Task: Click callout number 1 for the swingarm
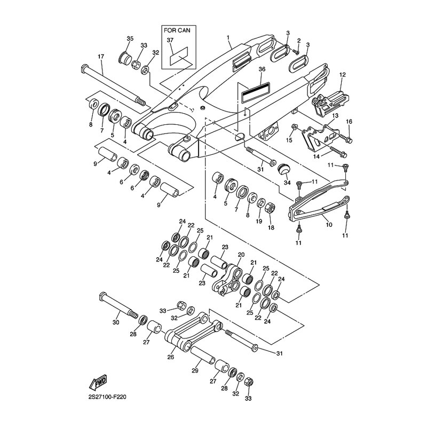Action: (228, 38)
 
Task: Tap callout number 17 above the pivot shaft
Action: (100, 57)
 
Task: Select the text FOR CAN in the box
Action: (176, 30)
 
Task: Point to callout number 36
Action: (262, 69)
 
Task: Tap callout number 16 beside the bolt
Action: (349, 122)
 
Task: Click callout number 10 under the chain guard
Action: (329, 225)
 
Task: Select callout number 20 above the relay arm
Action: (241, 255)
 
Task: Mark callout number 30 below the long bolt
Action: (115, 322)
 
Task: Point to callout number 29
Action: (195, 370)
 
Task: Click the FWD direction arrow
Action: (99, 383)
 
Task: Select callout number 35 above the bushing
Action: (129, 39)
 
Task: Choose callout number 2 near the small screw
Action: (299, 41)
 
